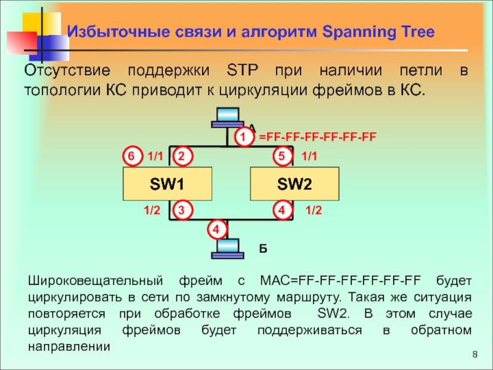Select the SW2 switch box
tap(294, 184)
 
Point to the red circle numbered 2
tap(182, 157)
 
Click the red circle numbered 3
tap(182, 211)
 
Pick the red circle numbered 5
tap(283, 157)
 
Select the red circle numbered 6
tap(131, 157)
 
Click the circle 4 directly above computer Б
tap(215, 230)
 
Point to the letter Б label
tap(263, 249)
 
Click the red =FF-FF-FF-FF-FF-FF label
tap(317, 136)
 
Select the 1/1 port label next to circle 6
tap(156, 157)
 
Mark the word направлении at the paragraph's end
tap(68, 346)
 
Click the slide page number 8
tap(475, 355)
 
